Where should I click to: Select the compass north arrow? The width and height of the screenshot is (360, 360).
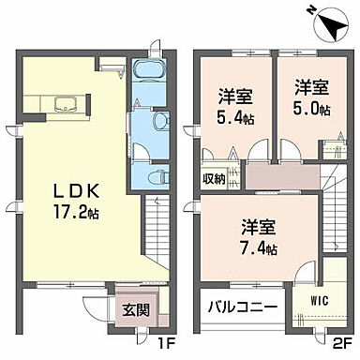pos(324,19)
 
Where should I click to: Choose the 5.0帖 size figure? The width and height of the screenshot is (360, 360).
pos(308,110)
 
